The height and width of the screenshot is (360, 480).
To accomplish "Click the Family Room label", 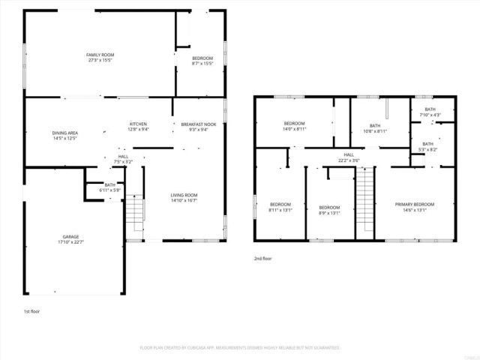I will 99,55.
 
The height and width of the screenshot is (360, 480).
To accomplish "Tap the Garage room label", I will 71,236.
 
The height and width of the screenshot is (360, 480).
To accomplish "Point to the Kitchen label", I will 138,124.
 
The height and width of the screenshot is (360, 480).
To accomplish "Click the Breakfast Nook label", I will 198,124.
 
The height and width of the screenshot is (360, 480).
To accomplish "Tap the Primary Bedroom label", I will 415,204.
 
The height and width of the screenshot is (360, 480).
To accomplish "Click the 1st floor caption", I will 32,310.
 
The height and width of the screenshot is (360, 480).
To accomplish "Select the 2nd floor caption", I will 262,258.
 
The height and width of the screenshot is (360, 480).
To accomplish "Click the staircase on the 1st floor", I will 133,214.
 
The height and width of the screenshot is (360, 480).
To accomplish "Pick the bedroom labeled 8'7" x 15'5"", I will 202,64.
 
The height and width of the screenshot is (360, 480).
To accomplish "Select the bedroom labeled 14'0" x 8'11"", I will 294,128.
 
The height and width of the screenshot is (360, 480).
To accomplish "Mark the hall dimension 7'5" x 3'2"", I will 123,161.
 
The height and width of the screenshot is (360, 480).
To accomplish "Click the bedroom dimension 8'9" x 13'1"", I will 329,213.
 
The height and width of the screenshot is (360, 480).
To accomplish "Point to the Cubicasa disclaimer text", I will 240,348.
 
